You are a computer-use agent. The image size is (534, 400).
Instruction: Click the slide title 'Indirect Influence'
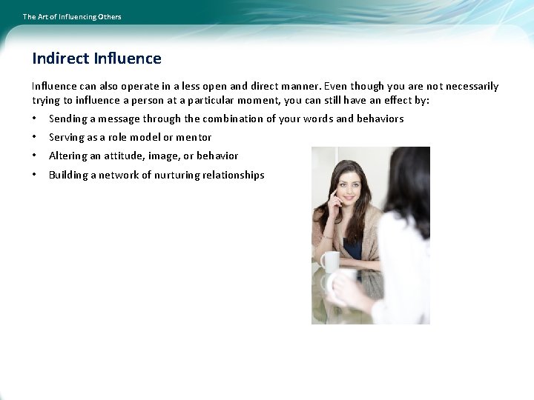point(96,59)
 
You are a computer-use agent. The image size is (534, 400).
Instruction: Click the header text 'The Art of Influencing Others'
point(72,16)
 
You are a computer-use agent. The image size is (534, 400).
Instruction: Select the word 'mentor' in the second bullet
point(194,137)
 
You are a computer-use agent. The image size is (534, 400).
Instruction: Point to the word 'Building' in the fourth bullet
point(68,175)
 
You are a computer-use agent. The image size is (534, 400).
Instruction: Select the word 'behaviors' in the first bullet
point(380,119)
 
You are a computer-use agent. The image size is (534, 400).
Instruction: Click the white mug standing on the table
point(329,261)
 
